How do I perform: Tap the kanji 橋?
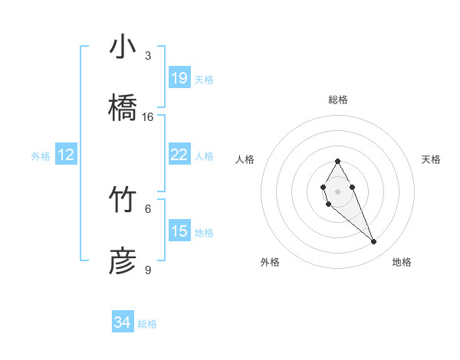pos(123,106)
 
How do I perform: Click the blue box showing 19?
pos(179,78)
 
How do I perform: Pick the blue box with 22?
pos(179,155)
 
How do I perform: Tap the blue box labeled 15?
pos(179,231)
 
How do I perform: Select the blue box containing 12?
pos(66,155)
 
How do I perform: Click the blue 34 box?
pos(123,323)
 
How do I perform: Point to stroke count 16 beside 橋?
pos(148,117)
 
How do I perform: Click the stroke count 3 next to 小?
pos(148,56)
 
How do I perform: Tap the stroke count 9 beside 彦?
pos(148,270)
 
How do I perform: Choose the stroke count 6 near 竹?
pos(148,208)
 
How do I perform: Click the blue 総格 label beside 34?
pos(147,324)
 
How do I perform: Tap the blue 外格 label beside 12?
pos(41,156)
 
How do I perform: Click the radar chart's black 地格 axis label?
pos(402,262)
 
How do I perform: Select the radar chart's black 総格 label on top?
pos(338,100)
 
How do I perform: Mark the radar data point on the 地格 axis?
pos(374,242)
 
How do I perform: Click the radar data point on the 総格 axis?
pos(337,161)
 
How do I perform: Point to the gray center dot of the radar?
pos(337,190)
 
